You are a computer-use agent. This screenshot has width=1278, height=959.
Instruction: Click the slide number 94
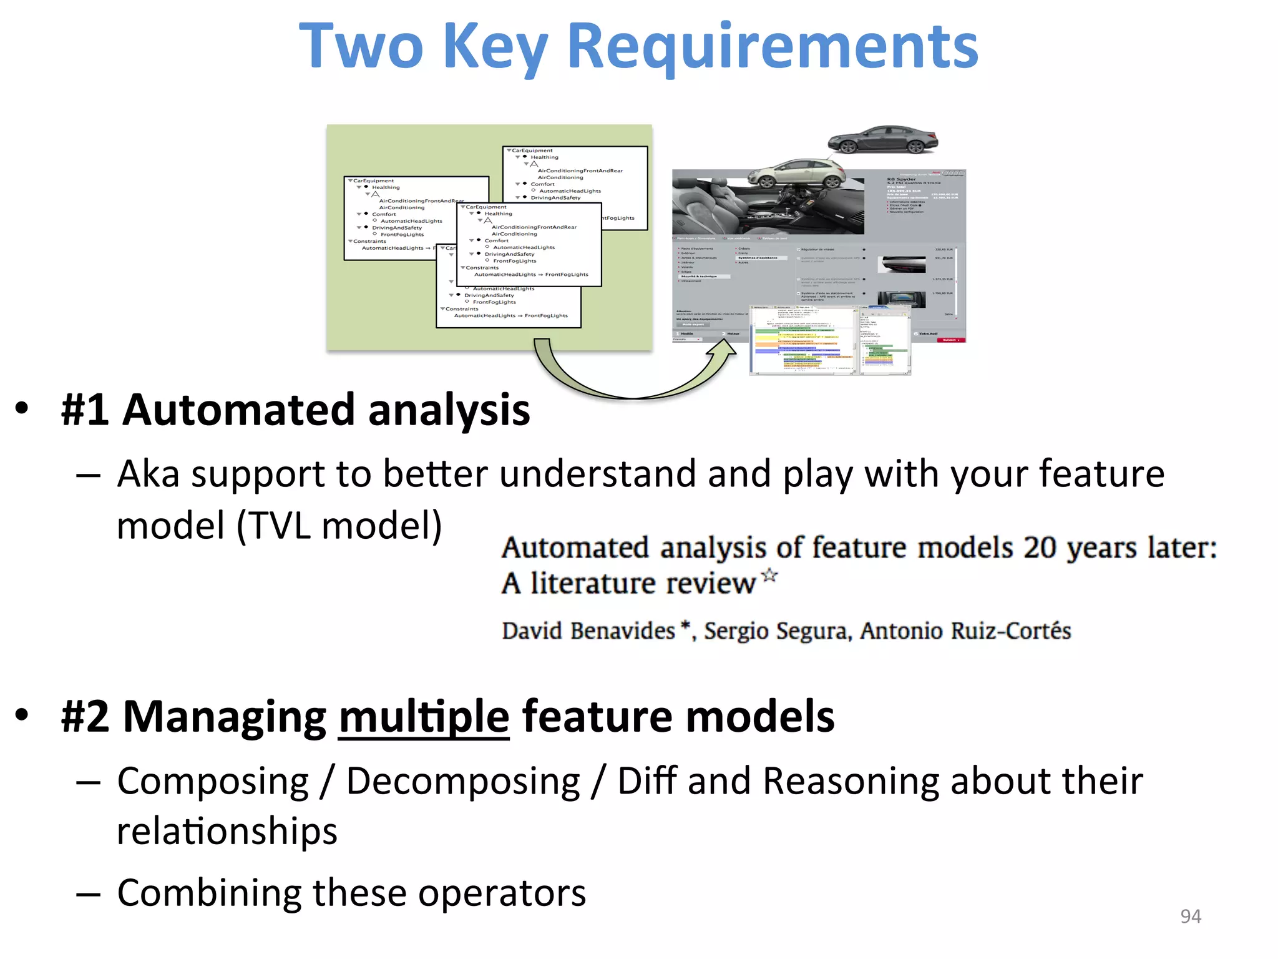[1191, 916]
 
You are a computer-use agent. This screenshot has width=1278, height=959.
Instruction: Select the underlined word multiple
[424, 717]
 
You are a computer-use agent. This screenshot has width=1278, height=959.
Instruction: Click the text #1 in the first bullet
[85, 411]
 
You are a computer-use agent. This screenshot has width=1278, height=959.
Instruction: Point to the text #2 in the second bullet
[85, 717]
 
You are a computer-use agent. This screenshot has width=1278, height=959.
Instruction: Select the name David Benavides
[588, 631]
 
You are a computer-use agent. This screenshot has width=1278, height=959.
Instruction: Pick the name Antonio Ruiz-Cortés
[965, 631]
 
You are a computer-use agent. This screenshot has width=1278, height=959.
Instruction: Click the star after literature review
[770, 576]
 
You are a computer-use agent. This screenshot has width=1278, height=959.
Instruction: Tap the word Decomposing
[463, 782]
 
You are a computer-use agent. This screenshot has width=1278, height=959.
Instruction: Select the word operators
[502, 893]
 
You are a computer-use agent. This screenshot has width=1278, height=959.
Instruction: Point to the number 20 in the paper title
[1040, 548]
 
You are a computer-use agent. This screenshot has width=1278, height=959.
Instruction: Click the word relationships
[227, 832]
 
